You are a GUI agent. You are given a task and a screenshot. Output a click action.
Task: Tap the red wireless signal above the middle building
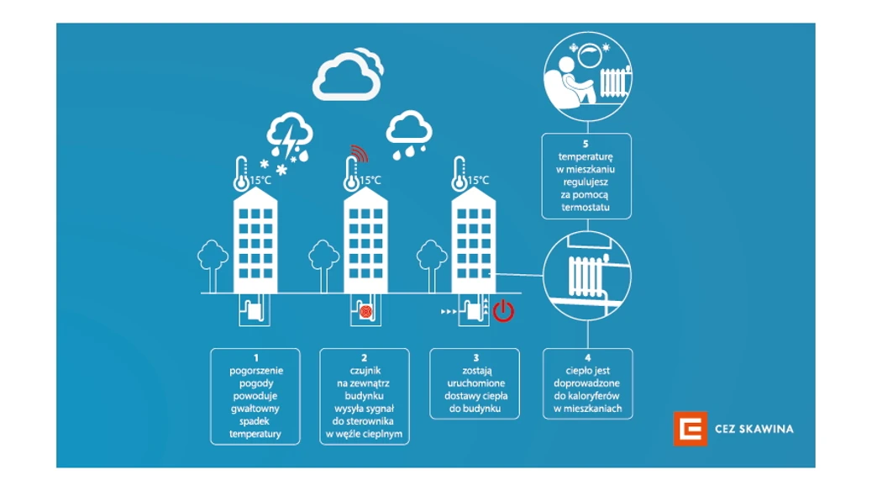[359, 154]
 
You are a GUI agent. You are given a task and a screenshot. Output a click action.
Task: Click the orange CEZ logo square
[690, 429]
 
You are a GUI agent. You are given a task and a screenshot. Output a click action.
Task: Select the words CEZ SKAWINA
[753, 429]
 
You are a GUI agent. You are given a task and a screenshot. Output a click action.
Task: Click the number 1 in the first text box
[255, 358]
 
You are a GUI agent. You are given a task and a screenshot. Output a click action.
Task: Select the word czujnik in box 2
[365, 369]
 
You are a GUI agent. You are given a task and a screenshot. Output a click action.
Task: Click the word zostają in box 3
[475, 369]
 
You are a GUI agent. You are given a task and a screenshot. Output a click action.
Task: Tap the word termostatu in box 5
[586, 207]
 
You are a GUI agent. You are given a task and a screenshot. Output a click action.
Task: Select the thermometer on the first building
[242, 172]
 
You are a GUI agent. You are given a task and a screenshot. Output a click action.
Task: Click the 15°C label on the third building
[478, 180]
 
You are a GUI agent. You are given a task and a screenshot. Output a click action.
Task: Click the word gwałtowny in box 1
[255, 409]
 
